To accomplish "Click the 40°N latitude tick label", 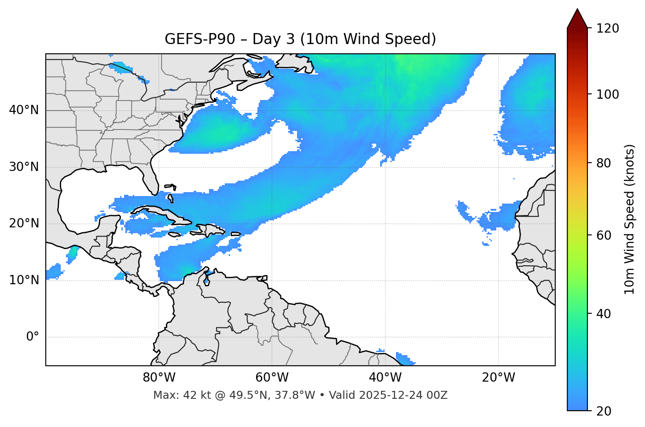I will [x=24, y=110].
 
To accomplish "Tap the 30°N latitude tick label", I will [x=24, y=167].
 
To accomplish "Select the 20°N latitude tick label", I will [x=24, y=223].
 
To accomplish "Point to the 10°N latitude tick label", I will [x=24, y=280].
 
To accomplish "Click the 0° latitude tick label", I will [x=33, y=337].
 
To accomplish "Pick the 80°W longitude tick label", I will [x=159, y=378].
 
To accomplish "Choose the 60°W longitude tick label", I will [x=272, y=378].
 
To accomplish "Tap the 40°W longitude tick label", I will [x=385, y=378].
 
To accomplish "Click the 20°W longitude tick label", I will [x=498, y=378].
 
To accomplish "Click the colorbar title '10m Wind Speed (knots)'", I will [x=630, y=219].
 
